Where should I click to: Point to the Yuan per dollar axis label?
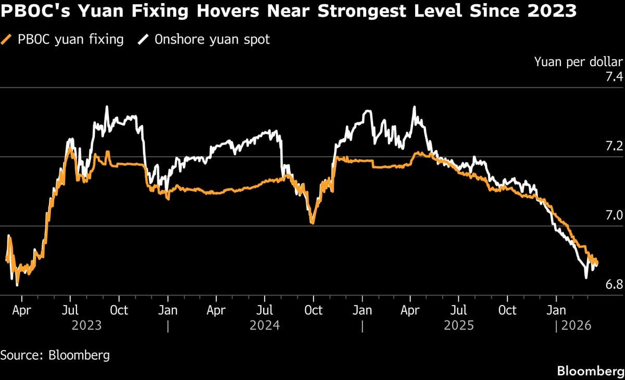tap(578, 62)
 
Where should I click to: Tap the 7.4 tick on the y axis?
tap(613, 78)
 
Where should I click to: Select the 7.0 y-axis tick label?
tap(613, 216)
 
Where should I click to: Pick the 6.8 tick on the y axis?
tap(613, 285)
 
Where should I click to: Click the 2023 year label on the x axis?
tap(87, 325)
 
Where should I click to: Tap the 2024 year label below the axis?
tap(265, 325)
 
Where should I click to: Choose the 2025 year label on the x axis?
tap(459, 325)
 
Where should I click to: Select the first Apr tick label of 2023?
tap(21, 310)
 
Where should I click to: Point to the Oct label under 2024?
tap(313, 310)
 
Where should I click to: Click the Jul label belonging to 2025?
tap(458, 310)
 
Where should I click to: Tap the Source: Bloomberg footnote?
tap(55, 356)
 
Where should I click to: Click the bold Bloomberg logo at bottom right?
tap(590, 371)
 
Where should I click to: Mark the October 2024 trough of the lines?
tap(312, 223)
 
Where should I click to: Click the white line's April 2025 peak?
tap(414, 107)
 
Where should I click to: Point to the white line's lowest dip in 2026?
tap(586, 278)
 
